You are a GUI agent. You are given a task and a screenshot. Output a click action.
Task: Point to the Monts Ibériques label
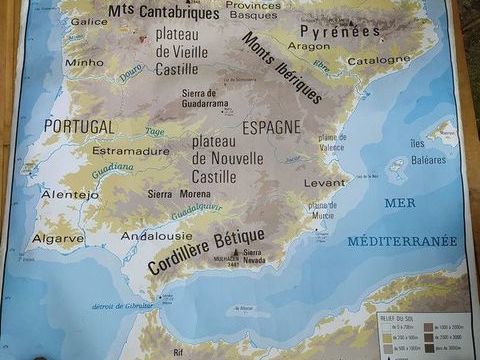click(x=282, y=67)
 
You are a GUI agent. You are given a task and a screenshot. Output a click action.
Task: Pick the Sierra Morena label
click(x=180, y=194)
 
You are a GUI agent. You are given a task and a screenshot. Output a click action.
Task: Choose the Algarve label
click(x=57, y=239)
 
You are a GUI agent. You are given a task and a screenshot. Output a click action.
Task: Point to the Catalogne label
click(x=379, y=60)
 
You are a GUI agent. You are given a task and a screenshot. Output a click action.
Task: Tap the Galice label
click(x=89, y=21)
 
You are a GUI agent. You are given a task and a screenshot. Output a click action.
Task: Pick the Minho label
click(x=84, y=62)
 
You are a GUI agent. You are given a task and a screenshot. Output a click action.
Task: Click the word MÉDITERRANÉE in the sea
click(x=402, y=241)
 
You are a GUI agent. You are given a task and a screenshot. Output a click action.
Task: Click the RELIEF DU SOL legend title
click(x=403, y=321)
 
